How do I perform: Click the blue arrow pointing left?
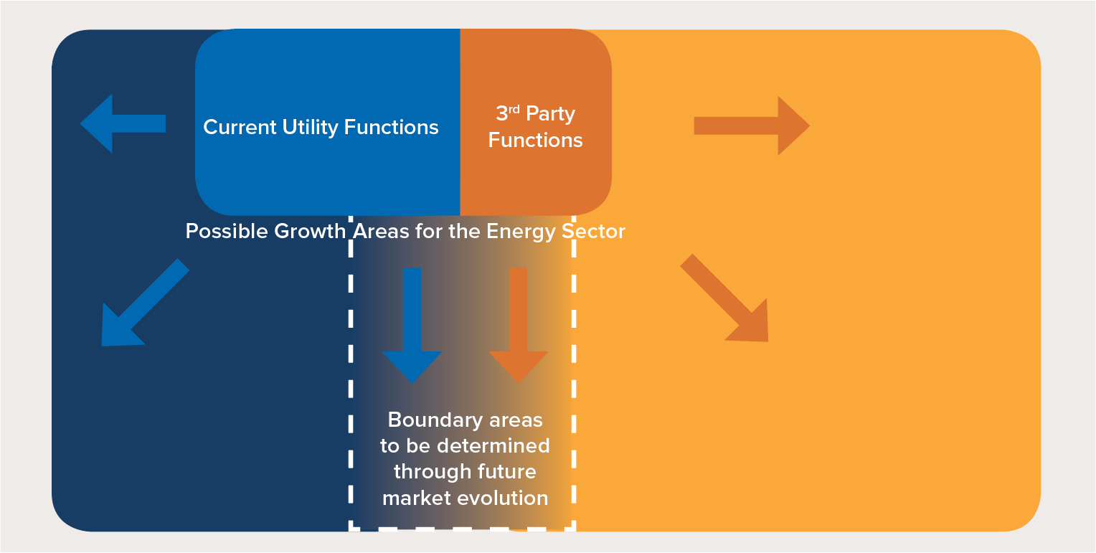coord(123,123)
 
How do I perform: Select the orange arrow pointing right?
coord(752,126)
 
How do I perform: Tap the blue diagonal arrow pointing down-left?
coord(145,303)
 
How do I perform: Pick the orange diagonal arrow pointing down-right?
coord(724,298)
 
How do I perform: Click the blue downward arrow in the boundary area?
coord(412,326)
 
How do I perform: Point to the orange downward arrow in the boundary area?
coord(519,326)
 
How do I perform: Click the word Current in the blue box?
coord(240,127)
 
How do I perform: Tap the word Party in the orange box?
coord(550,115)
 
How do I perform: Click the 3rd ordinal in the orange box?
coord(508,113)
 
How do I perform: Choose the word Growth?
coord(310,232)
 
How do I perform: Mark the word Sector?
coord(593,232)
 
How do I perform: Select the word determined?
coord(493,446)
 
